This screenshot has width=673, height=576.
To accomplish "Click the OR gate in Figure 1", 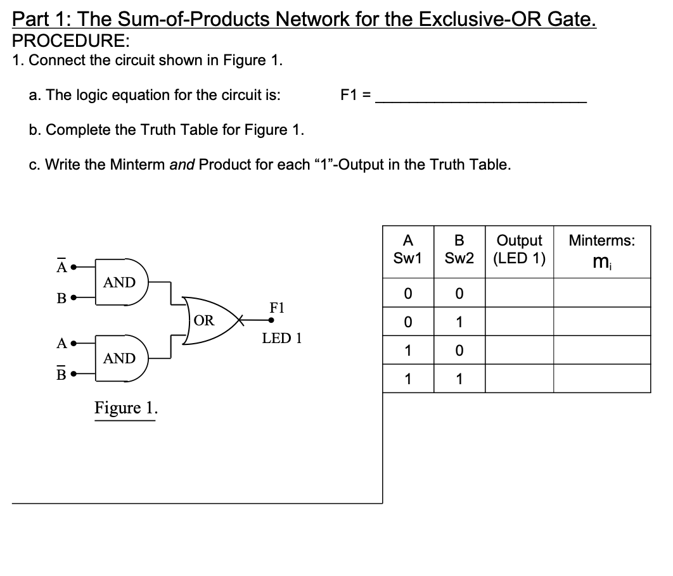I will [207, 320].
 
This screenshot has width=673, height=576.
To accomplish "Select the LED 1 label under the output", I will [282, 338].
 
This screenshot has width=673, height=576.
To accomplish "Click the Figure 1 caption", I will [126, 408].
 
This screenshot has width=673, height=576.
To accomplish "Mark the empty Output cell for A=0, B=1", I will [519, 322].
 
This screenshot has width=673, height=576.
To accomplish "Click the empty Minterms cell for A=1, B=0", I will [601, 350].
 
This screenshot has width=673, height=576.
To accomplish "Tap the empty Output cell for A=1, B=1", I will [519, 379].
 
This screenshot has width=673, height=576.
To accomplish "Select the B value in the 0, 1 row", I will [459, 322].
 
